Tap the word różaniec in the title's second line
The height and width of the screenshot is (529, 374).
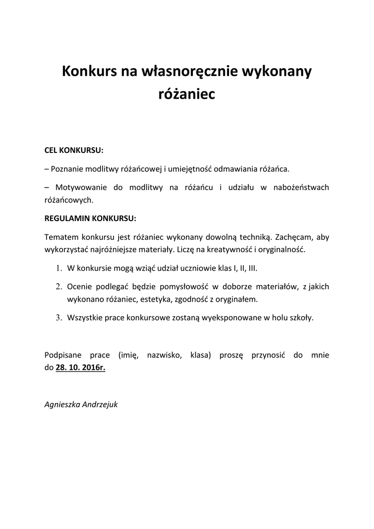point(186,95)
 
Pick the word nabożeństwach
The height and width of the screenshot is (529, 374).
point(303,188)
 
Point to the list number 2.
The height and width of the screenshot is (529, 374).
point(59,287)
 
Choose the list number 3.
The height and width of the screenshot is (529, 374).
point(59,318)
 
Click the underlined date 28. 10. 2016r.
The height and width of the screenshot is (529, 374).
point(80,368)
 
